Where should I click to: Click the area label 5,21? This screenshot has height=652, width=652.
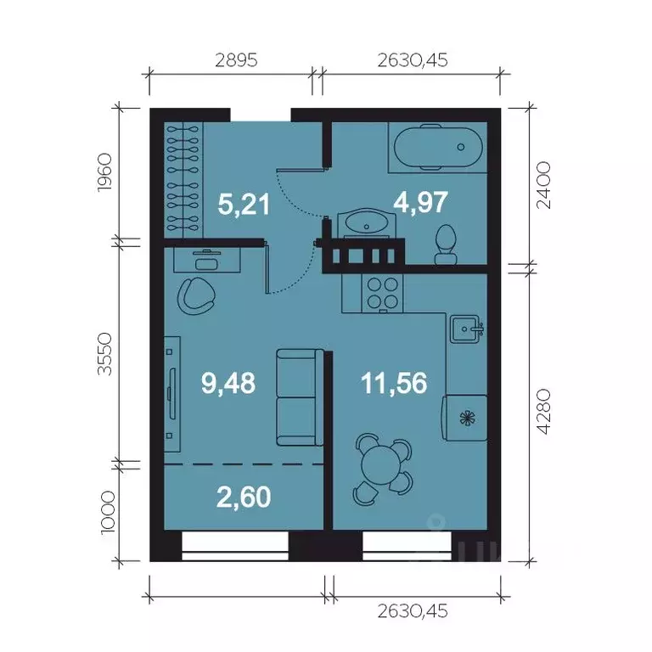(244, 204)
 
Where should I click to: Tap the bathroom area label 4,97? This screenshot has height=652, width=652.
(420, 202)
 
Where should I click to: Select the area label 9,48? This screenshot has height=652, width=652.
(228, 383)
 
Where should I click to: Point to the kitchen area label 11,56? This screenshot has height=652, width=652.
(394, 383)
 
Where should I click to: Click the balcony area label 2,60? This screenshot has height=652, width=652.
(244, 497)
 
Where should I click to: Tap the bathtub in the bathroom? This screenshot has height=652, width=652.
(438, 147)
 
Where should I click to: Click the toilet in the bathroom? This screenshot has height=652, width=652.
(446, 245)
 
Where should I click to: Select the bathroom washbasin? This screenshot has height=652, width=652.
(367, 223)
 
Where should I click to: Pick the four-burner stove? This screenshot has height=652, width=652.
(383, 293)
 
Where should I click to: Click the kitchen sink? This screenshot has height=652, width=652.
(466, 329)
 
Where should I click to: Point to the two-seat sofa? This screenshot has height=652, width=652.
(300, 397)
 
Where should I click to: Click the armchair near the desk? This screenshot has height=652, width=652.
(196, 296)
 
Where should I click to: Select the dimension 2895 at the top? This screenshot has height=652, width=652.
(236, 60)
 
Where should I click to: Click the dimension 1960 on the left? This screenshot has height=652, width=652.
(104, 172)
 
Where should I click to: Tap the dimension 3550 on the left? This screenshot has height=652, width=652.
(104, 354)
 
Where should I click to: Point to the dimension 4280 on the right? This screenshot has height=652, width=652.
(543, 412)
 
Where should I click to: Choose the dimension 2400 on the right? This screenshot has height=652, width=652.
(543, 185)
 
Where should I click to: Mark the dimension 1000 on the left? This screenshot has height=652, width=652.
(108, 512)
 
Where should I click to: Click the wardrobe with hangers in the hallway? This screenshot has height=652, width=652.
(183, 180)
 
